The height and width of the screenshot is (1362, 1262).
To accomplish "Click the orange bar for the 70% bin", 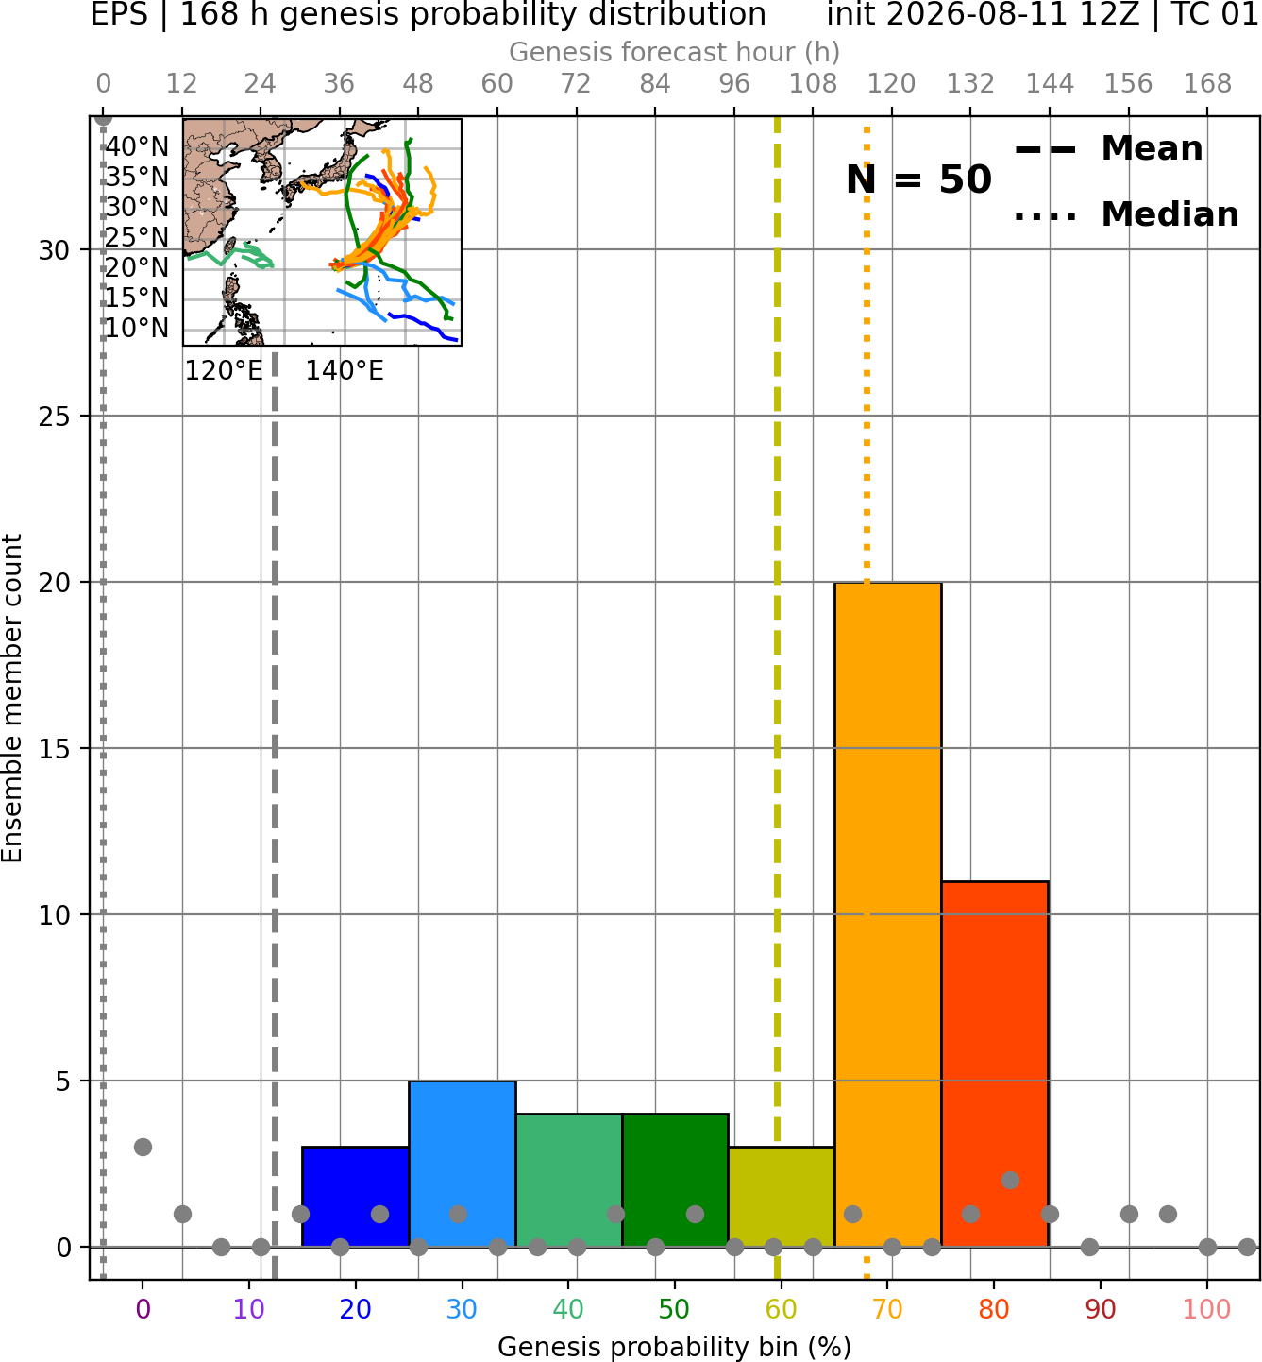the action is point(887,914).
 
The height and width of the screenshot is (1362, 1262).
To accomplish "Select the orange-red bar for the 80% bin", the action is point(995,1064).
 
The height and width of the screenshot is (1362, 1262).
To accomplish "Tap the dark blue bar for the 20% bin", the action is point(355,1197).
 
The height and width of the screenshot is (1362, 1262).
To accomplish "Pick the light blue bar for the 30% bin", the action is point(462,1164).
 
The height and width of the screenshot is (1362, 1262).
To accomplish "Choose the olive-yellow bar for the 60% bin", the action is point(782,1197).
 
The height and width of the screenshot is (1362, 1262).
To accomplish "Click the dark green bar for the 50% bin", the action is point(675,1181).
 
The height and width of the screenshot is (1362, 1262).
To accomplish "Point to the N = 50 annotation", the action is point(918,179).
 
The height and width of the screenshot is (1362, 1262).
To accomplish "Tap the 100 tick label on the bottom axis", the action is point(1207,1309).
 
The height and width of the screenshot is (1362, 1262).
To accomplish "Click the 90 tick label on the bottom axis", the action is point(1101,1309).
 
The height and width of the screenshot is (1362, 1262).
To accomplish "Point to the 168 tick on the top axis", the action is point(1207,84).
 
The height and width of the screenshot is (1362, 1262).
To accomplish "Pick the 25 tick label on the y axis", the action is point(55,417).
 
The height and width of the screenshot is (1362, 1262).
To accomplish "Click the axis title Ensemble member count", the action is point(11,698).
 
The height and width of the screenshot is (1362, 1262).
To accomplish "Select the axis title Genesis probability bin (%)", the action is point(675,1348).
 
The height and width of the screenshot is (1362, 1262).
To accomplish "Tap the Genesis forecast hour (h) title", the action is point(675,52).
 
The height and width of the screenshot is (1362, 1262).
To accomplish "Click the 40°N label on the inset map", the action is point(137,146).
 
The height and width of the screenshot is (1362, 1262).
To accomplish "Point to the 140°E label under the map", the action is point(345,371).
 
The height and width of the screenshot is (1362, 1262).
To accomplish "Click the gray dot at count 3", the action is point(143,1147).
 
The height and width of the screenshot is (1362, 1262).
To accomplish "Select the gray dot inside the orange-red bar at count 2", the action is point(1010,1180).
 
